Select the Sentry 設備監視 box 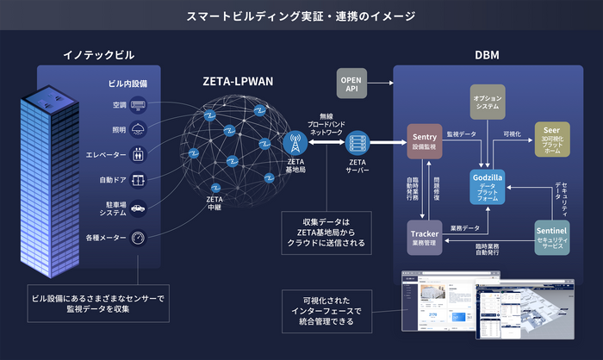tap(424, 141)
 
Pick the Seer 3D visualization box tap(551, 138)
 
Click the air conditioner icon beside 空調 tap(138, 106)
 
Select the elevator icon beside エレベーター tap(138, 156)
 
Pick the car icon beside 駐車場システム tap(138, 208)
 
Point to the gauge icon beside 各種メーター tap(138, 237)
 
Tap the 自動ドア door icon tap(138, 182)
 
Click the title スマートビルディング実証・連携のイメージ tap(301, 16)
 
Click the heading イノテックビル tap(99, 55)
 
